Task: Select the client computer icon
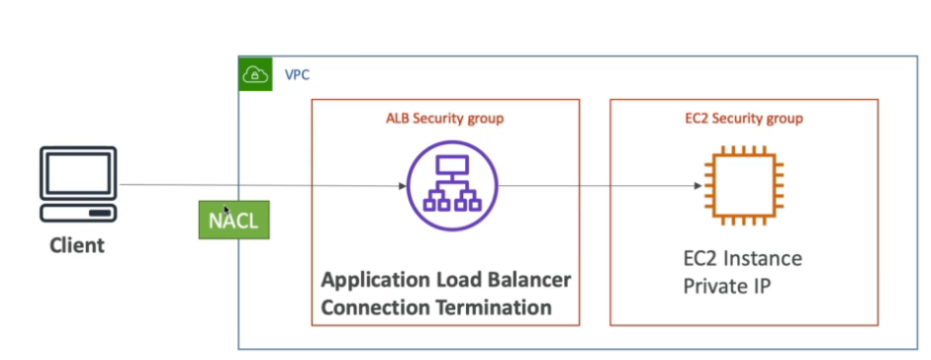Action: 78,185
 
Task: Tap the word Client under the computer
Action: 78,244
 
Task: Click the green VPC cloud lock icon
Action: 255,74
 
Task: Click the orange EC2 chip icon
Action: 744,186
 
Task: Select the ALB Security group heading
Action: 445,119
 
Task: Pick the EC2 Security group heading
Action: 744,119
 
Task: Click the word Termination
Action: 492,308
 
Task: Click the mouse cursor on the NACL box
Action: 227,210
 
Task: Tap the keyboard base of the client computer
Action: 78,214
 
